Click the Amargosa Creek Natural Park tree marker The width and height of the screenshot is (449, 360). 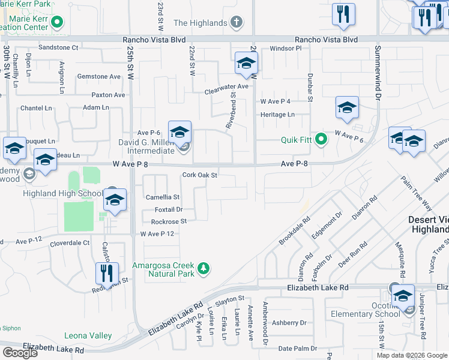(203, 267)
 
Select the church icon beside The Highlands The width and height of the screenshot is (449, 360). (237, 23)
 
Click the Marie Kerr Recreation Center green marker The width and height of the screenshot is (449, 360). (57, 23)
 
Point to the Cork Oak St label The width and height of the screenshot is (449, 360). (199, 175)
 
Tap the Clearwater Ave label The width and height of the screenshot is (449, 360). (226, 86)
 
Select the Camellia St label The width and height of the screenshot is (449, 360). (163, 197)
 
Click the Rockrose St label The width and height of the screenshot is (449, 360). (169, 221)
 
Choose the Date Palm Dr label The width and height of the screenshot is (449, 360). (294, 348)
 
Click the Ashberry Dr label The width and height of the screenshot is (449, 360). (289, 323)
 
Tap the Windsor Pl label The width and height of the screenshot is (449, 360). (285, 48)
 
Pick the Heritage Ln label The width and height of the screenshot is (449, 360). (277, 115)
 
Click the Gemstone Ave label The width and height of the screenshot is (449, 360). (99, 77)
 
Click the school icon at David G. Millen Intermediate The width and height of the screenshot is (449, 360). (179, 133)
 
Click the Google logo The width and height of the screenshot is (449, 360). (20, 353)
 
